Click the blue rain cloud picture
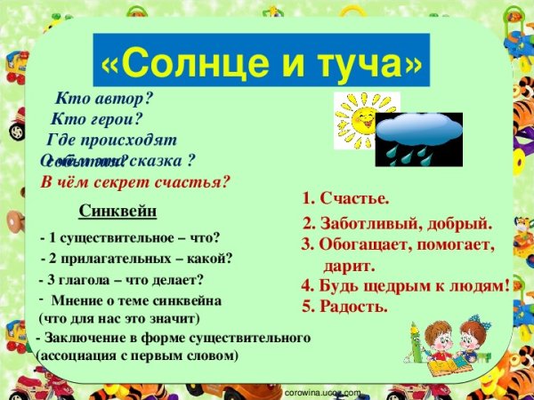pos(418,138)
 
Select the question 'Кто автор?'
pos(104,99)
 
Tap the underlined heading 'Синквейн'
pos(117,212)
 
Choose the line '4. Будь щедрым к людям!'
pos(405,285)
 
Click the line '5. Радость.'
pos(344,307)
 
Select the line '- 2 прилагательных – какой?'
pos(138,259)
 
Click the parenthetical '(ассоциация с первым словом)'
pos(137,355)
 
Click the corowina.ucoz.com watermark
pos(321,392)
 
